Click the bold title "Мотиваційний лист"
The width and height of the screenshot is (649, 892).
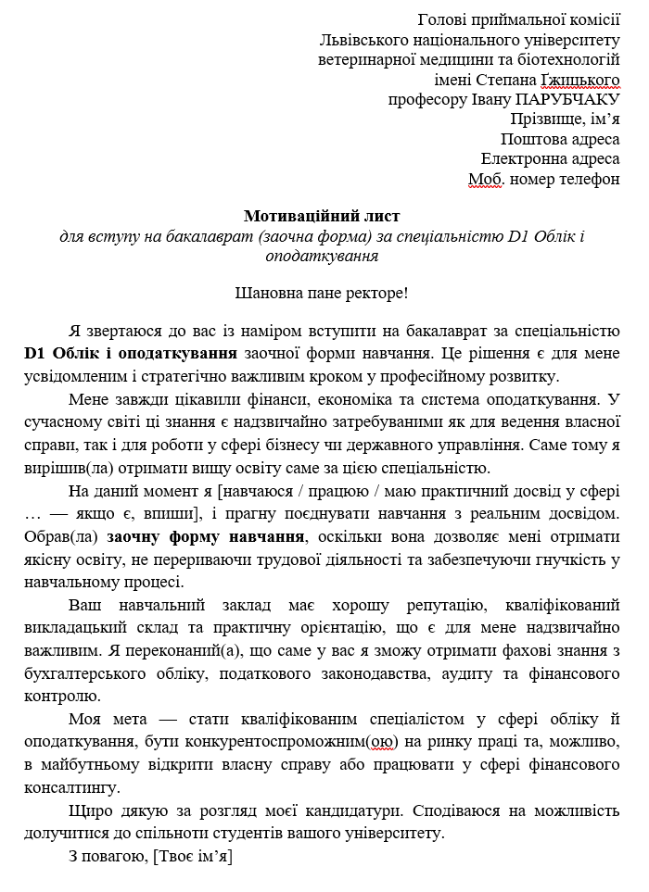tap(321, 216)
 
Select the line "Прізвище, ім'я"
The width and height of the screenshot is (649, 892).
tap(565, 119)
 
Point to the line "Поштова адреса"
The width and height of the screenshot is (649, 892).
tap(560, 139)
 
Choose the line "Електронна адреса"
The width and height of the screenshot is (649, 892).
tap(550, 158)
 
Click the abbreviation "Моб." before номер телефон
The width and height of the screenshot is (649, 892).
tap(485, 179)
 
